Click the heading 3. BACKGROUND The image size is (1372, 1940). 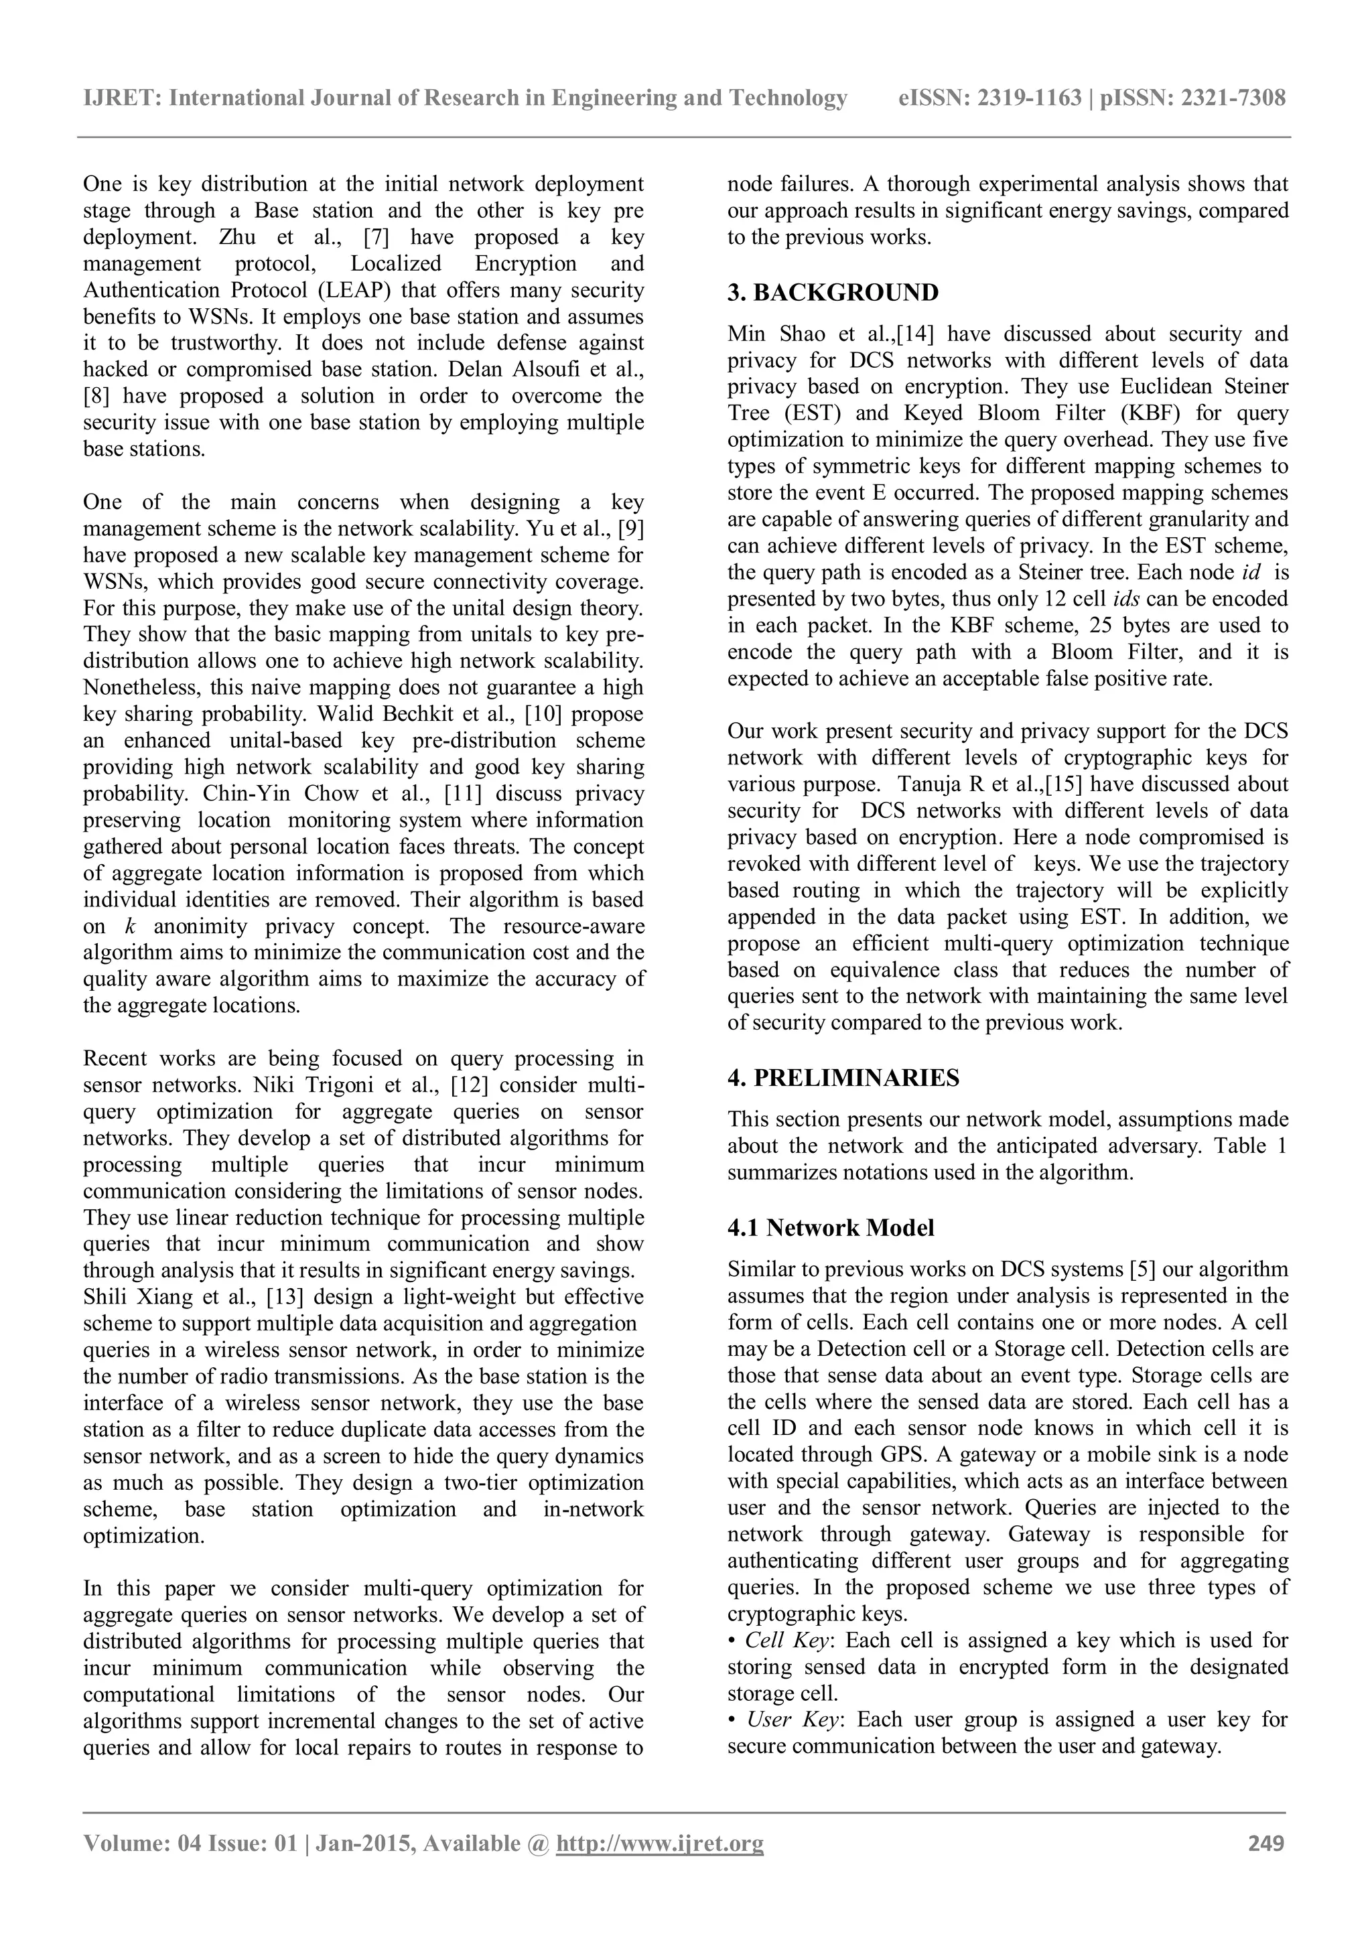click(832, 293)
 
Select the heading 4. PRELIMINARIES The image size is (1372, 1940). click(843, 1078)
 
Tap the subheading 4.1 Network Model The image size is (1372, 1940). click(831, 1228)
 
